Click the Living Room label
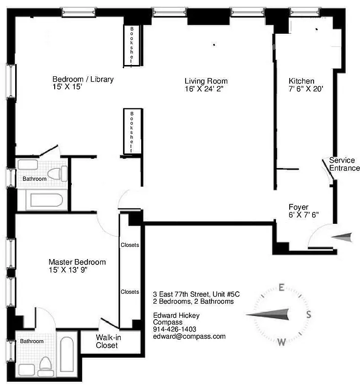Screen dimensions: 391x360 206,81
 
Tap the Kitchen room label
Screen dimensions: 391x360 301,81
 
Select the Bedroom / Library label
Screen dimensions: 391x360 83,79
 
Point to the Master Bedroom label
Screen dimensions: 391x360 77,262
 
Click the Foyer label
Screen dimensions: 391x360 298,207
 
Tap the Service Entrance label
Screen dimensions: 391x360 344,164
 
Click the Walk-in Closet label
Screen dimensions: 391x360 106,341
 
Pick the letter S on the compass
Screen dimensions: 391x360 309,314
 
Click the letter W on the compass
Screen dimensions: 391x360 281,342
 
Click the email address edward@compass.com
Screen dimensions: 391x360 189,336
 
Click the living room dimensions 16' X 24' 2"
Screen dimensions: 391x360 206,89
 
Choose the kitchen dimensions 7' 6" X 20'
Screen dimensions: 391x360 306,89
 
